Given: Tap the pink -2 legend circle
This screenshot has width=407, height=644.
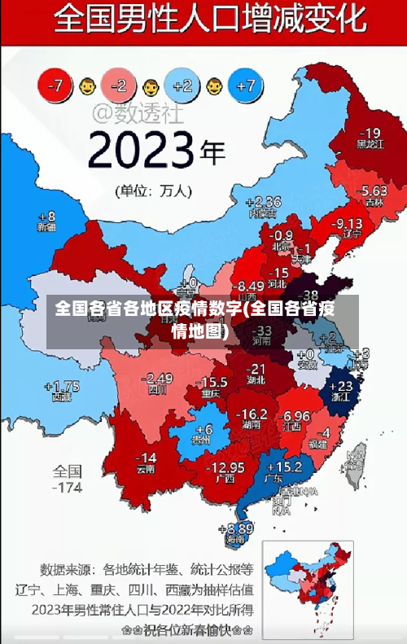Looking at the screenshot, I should click(119, 85).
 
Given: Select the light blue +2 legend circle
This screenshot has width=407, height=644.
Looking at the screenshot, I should click(182, 85).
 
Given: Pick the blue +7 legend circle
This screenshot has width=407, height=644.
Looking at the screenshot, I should click(246, 85).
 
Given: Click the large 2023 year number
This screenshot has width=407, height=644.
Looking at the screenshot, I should click(142, 151).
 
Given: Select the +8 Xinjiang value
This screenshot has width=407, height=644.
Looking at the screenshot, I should click(47, 217).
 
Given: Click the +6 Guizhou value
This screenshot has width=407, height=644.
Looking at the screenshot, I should click(203, 429).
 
